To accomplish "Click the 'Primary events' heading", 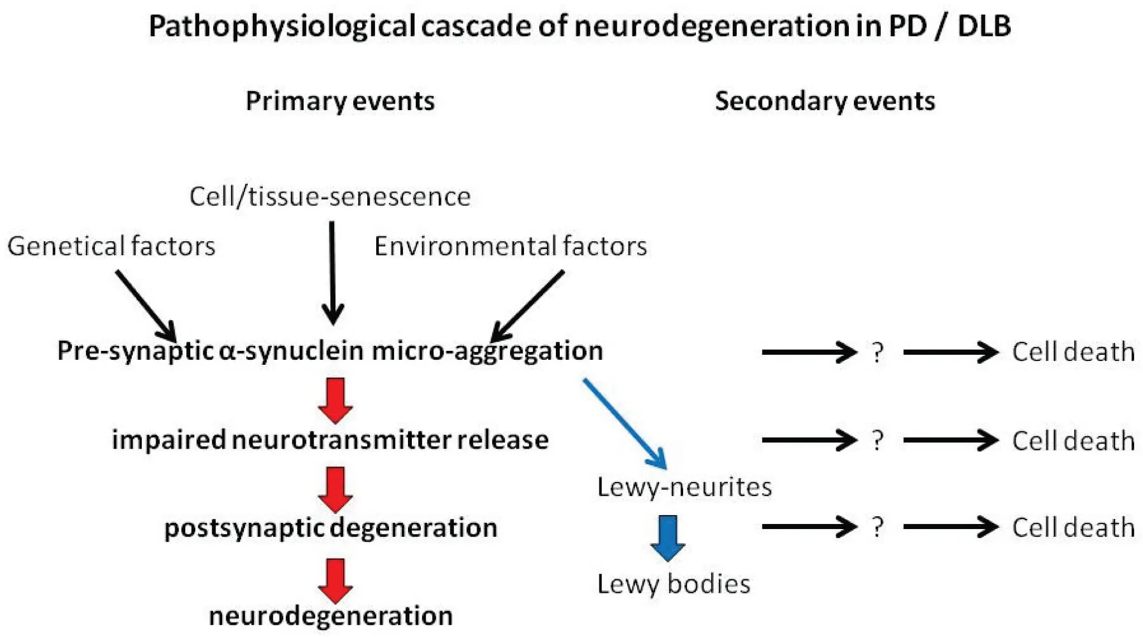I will coord(340,102).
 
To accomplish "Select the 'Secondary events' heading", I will coord(824,102).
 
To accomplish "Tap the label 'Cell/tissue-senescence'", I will coord(330,197).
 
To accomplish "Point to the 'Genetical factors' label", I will coord(111,246).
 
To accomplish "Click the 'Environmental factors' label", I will coord(510,246).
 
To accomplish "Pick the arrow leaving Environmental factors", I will coord(527,306).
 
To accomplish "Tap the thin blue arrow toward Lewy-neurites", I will coord(625,423).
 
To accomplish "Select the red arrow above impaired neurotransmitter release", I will coord(335,400).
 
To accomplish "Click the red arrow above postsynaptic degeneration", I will coord(335,489).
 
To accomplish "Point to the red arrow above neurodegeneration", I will coord(335,580).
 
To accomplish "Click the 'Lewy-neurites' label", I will coord(684,487).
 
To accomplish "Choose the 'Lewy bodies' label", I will coord(673,584).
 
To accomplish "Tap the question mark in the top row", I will coord(877,353).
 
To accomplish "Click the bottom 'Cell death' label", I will coord(1073,527).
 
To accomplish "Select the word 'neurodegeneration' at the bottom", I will coord(330,616).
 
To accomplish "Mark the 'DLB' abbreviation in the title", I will coord(984,26).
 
